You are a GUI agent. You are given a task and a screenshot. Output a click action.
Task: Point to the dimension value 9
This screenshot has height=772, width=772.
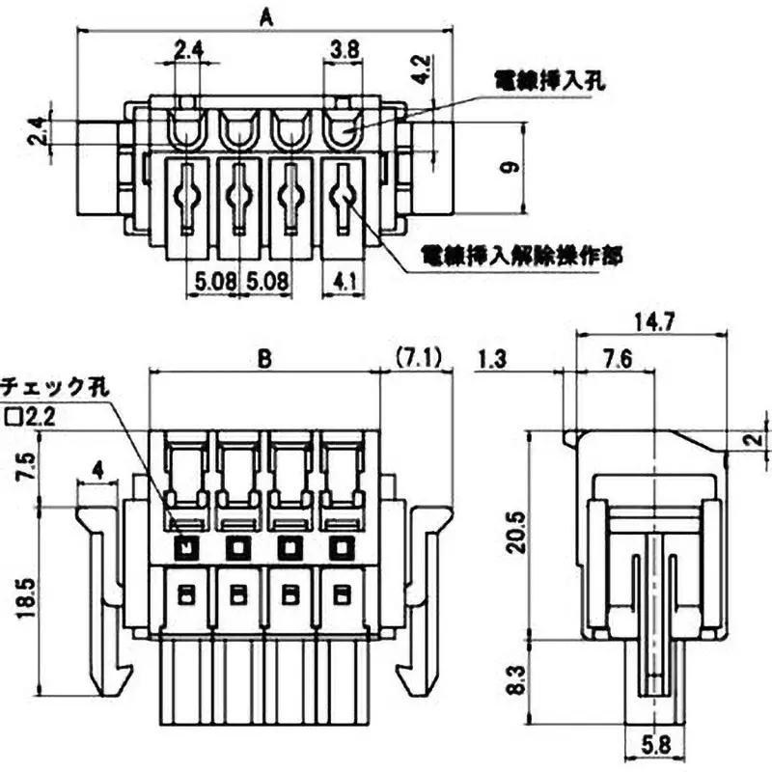coord(511,167)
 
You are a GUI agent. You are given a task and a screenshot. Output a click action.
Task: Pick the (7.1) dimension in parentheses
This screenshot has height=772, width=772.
coord(418,358)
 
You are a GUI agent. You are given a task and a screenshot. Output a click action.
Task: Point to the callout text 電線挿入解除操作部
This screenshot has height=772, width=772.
coord(521,255)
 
